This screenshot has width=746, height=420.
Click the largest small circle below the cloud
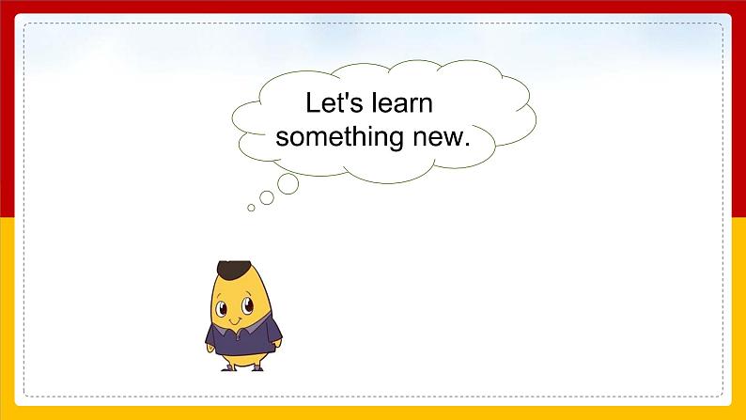click(288, 183)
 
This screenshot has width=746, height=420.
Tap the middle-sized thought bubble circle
click(267, 197)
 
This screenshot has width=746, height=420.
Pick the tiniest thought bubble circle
click(251, 208)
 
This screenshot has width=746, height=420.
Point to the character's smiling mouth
click(237, 319)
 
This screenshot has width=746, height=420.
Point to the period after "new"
click(466, 145)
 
